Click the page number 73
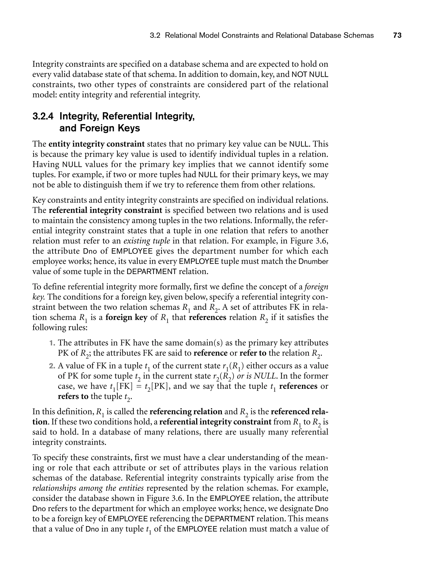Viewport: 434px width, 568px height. pos(397,35)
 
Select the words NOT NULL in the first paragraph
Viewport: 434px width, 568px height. pos(310,75)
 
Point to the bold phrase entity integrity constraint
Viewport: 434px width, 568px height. pos(96,144)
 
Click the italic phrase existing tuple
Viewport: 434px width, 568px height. pos(147,241)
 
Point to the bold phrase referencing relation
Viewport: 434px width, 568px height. pos(186,411)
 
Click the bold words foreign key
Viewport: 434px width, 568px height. pos(126,317)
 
